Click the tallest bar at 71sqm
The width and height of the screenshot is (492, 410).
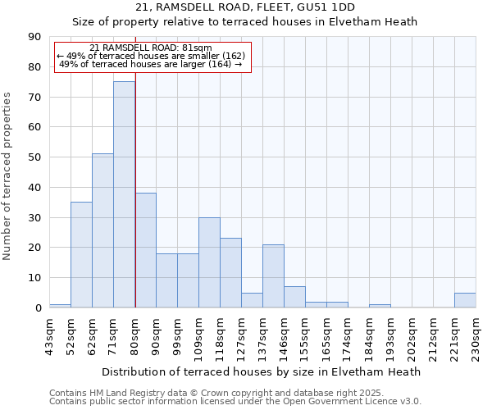coord(124,194)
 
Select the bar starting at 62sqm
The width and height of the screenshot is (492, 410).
coord(102,230)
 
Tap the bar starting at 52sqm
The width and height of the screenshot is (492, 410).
coord(81,254)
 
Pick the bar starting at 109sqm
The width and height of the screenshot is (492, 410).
coord(209,262)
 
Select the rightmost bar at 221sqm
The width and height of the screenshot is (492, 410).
coord(465,300)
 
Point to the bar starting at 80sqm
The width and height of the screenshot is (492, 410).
coord(145,250)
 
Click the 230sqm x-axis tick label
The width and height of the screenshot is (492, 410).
coord(476,337)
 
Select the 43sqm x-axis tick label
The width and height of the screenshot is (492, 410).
coord(49,335)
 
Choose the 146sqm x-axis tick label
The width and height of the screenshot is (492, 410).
coord(284,337)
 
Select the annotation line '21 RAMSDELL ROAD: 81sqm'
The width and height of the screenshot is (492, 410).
coord(151,48)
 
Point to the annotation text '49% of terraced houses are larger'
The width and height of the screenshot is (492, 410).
coord(151,64)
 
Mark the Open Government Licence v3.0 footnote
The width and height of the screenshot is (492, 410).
coord(235,401)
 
